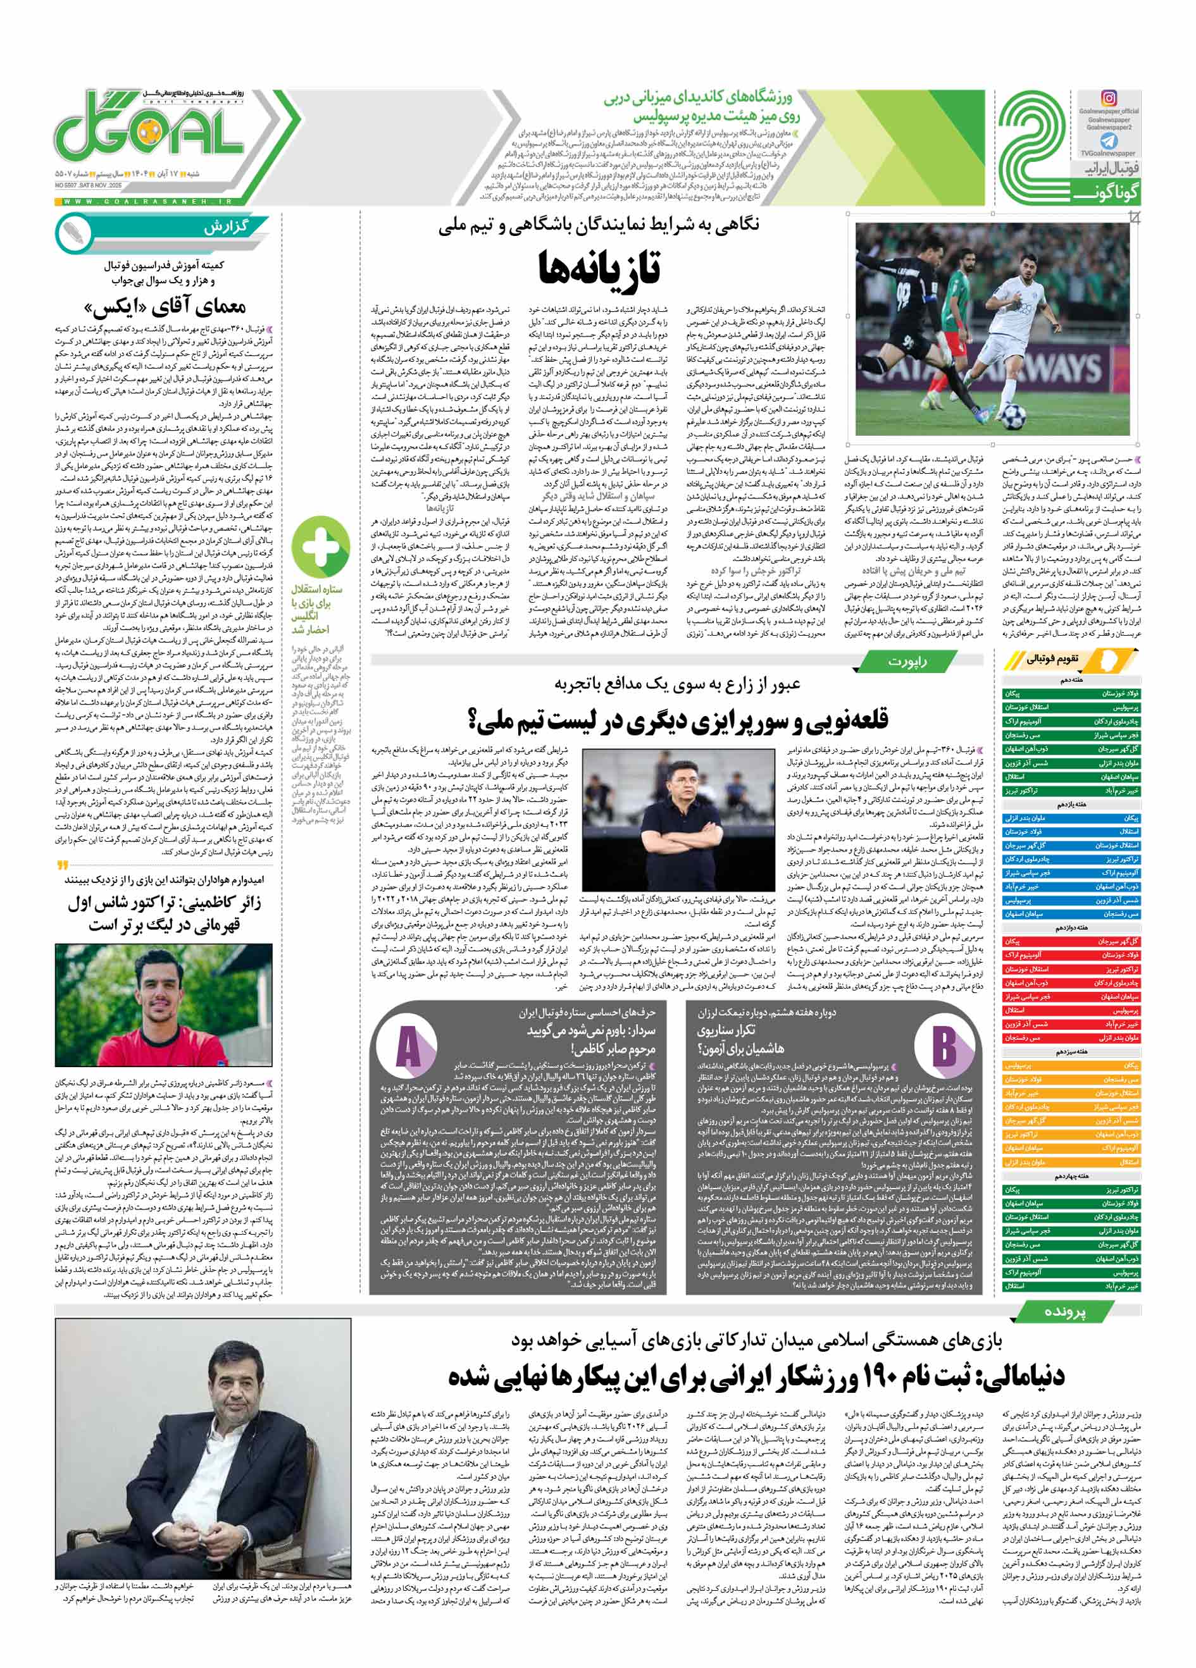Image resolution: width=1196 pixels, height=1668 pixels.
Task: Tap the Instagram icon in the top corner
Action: point(1109,98)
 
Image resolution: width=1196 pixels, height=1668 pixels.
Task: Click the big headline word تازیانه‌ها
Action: point(599,268)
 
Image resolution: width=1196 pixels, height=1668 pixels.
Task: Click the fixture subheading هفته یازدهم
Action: point(1072,805)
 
